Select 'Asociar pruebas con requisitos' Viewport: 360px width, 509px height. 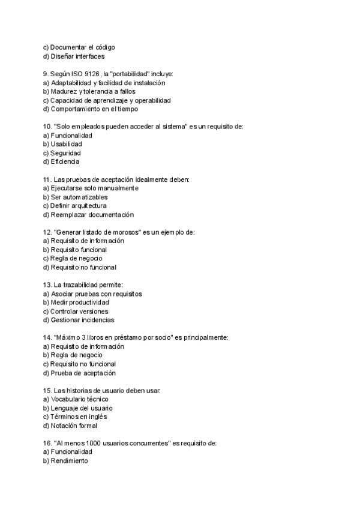click(x=95, y=294)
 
